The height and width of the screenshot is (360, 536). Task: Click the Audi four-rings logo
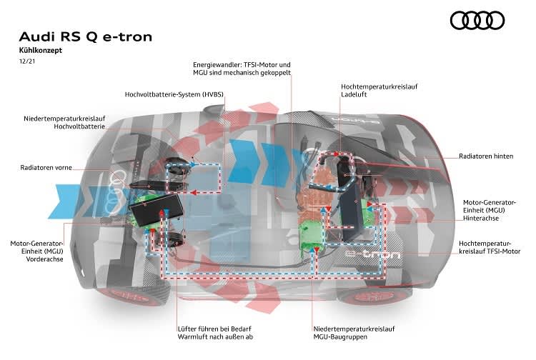coord(477,21)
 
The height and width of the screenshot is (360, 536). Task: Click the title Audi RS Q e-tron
coord(86,36)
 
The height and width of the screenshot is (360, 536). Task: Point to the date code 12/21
coord(27,63)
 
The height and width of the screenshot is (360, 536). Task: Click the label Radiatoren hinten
coord(485,156)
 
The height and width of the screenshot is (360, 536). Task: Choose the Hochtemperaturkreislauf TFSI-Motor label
coord(490,247)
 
